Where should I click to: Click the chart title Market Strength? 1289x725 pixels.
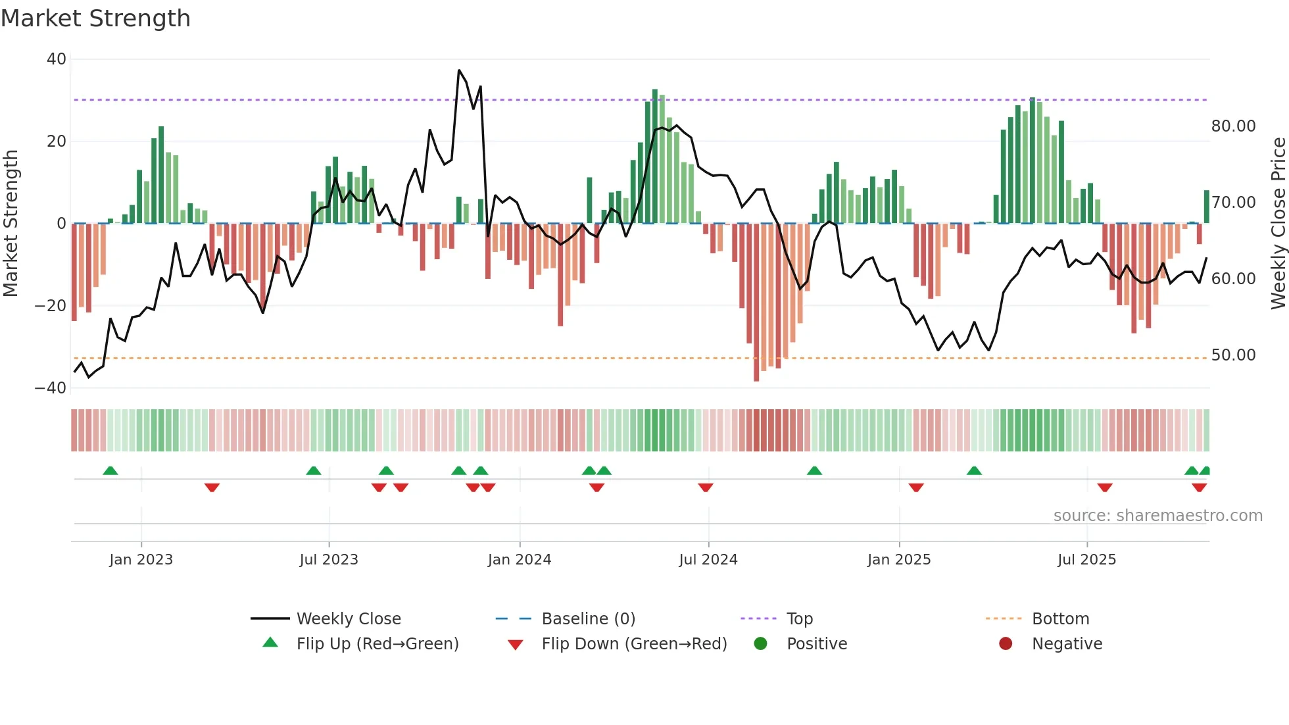coord(95,18)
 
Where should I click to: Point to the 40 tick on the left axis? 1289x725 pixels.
coord(57,59)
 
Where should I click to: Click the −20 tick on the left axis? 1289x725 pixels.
coord(51,306)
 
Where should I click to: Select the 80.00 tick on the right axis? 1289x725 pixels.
coord(1233,126)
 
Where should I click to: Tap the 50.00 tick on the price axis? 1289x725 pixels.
coord(1233,355)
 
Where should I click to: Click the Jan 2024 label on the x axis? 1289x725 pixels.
coord(519,560)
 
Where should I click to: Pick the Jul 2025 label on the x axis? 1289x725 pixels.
coord(1086,560)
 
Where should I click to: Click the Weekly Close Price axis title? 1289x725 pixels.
coord(1278,224)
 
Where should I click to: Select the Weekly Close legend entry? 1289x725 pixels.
coord(348,619)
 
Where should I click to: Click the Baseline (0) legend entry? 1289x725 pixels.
coord(588,619)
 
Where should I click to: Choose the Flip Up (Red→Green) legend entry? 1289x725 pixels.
coord(377,644)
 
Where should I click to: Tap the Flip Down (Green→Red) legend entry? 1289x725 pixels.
coord(634,644)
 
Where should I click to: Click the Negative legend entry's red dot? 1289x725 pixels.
coord(1006,644)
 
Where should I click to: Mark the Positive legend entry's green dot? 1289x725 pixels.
coord(760,644)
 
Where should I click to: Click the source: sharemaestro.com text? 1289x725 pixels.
coord(1157,516)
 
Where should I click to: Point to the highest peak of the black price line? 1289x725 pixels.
coord(459,70)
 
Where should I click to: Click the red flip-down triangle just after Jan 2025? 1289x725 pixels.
coord(916,488)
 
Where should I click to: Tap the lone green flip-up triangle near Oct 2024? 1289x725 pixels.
coord(814,470)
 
